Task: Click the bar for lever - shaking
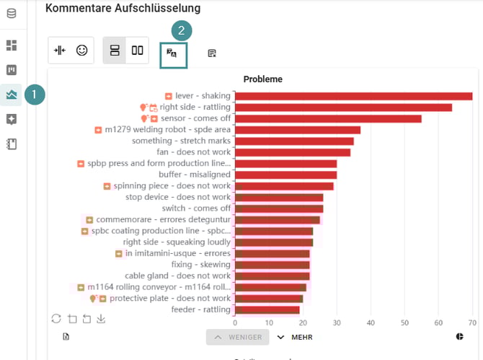click(353, 96)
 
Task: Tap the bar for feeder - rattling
click(267, 309)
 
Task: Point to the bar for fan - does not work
click(292, 152)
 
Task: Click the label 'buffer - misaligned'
click(194, 175)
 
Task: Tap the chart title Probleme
click(262, 79)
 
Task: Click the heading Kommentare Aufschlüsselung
click(123, 8)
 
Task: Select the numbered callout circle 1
click(35, 95)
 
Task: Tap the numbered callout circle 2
click(182, 30)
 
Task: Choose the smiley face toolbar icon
click(81, 51)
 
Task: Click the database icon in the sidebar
click(12, 14)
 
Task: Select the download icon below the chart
click(101, 319)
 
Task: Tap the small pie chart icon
click(460, 336)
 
